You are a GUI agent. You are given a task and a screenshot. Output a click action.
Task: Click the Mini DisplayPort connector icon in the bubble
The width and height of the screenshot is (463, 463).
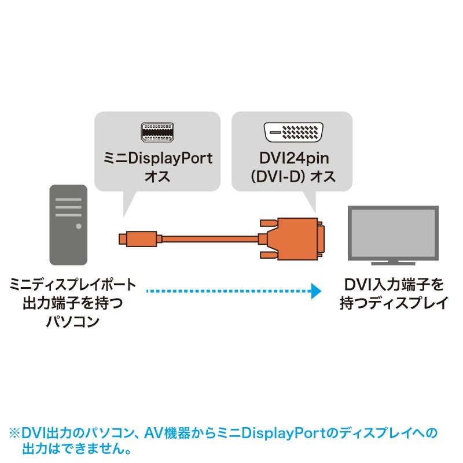pyautogui.click(x=157, y=133)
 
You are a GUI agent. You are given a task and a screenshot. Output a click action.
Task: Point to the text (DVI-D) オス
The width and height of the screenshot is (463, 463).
pyautogui.click(x=291, y=177)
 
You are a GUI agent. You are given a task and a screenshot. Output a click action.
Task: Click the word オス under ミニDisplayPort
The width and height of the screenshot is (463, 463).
pyautogui.click(x=157, y=177)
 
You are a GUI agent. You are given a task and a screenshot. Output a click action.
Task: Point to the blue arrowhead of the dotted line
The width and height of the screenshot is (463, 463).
pyautogui.click(x=315, y=291)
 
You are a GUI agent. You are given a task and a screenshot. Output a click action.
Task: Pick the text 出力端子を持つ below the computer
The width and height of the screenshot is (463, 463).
pyautogui.click(x=72, y=303)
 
